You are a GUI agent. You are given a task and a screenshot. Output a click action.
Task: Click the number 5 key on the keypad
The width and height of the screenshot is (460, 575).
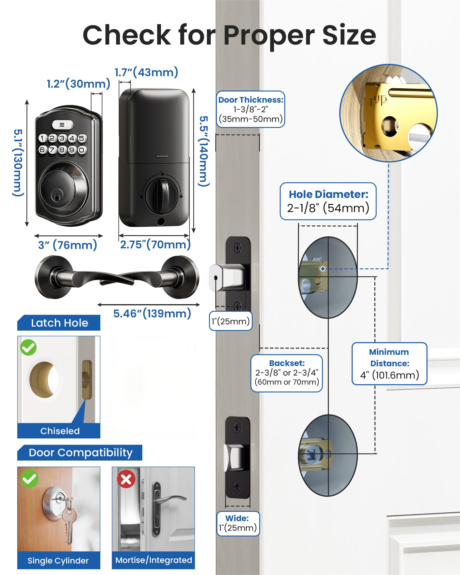(82, 138)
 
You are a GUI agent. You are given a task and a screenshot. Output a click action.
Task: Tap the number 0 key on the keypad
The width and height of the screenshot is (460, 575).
(82, 150)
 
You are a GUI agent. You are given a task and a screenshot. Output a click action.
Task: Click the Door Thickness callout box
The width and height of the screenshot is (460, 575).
(250, 109)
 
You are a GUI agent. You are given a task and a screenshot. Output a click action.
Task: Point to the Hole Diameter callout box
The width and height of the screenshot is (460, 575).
(328, 201)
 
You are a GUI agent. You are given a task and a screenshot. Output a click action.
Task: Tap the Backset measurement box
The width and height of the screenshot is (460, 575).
(287, 373)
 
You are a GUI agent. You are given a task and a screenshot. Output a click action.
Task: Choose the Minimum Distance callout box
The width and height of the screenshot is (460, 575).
(389, 363)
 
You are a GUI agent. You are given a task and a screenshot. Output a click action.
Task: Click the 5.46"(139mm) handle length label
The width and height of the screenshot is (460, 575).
(152, 313)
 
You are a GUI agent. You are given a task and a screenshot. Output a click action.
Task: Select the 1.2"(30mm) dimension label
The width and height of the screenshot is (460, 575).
(78, 84)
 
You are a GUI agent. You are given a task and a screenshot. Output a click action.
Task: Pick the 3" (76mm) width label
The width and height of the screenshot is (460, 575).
(68, 245)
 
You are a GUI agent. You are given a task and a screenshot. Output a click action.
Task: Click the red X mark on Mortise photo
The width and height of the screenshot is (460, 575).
(126, 479)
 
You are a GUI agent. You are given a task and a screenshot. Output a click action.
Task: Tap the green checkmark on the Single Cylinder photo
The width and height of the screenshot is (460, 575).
(30, 479)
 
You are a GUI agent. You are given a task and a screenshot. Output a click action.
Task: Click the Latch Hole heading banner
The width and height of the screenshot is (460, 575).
(59, 323)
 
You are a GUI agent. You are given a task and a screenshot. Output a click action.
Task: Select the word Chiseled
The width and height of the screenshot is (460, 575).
(60, 431)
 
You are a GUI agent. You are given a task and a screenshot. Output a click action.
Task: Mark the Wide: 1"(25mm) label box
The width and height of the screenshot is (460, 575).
(238, 523)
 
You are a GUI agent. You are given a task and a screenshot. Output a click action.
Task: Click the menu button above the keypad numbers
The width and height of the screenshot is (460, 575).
(62, 125)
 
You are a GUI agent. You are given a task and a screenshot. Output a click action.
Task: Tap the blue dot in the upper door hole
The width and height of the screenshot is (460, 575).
(323, 269)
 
